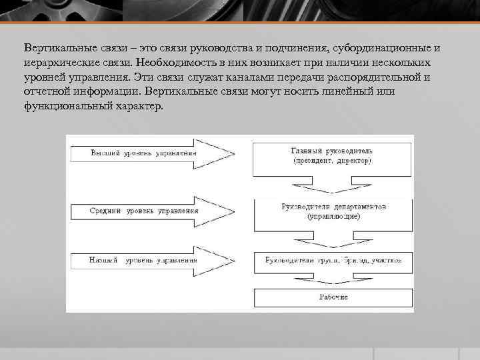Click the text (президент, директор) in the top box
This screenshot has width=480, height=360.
click(331, 161)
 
